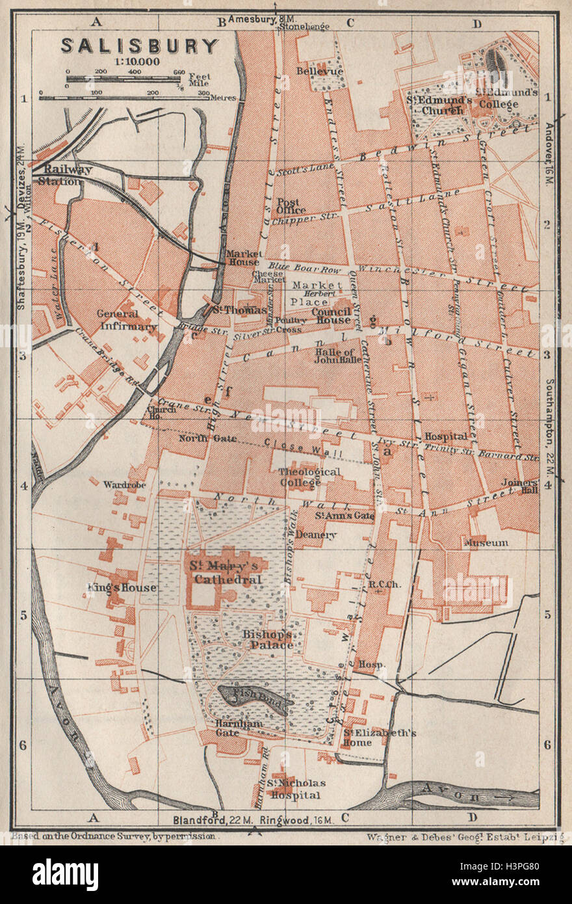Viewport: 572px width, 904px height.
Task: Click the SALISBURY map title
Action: click(140, 46)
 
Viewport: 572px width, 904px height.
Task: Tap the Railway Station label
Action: click(59, 176)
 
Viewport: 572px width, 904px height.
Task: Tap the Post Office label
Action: click(291, 206)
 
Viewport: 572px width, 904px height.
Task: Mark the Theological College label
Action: click(309, 477)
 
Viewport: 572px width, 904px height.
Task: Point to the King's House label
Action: click(122, 588)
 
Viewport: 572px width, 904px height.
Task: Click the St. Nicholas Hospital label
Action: click(296, 789)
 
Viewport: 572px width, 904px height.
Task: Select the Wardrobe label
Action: click(123, 484)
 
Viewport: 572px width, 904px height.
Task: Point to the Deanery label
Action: click(316, 535)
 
